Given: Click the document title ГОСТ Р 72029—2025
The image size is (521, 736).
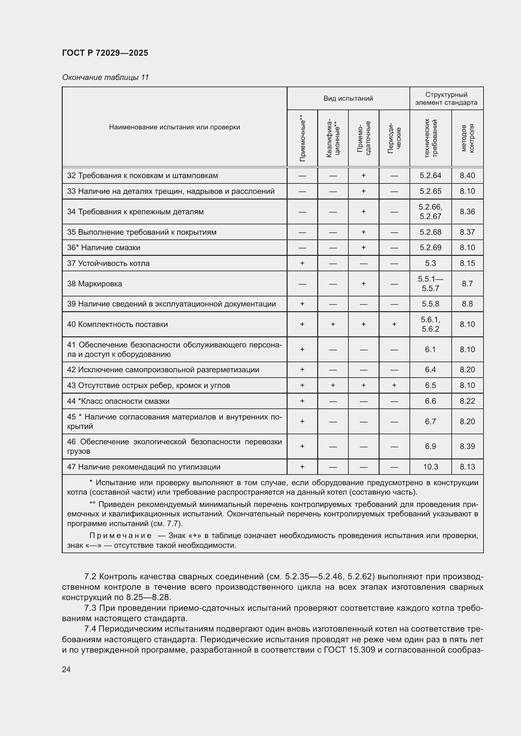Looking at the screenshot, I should coord(105,53).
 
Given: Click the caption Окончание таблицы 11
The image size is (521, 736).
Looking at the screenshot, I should coord(105,77).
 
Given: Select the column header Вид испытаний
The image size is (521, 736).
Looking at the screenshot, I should coord(348,98).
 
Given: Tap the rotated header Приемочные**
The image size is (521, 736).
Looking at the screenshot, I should coord(302,138).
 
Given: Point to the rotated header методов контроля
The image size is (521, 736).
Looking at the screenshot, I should coord(467,138).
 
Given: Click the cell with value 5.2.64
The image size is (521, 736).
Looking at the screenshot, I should coord(430,176).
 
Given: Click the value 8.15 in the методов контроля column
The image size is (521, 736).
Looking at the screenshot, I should coord(467,263).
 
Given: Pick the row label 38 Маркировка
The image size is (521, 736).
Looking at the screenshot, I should coord(94,284).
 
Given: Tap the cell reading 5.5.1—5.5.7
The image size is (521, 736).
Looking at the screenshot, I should coord(430,284).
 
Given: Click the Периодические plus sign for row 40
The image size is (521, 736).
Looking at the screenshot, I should coord(394,324).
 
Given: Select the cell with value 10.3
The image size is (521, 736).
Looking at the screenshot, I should coord(430,467).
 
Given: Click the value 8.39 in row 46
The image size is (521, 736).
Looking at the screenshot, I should coord(467,446).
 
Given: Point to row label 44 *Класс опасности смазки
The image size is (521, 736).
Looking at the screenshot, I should coord(118,401).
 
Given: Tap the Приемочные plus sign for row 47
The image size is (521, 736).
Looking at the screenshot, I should coord(302,467).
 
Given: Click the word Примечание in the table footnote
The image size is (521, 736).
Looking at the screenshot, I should coord(120,536).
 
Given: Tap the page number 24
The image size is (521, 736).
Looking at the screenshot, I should coord(66,669).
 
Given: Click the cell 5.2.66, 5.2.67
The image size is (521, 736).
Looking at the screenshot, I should coord(430,211).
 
